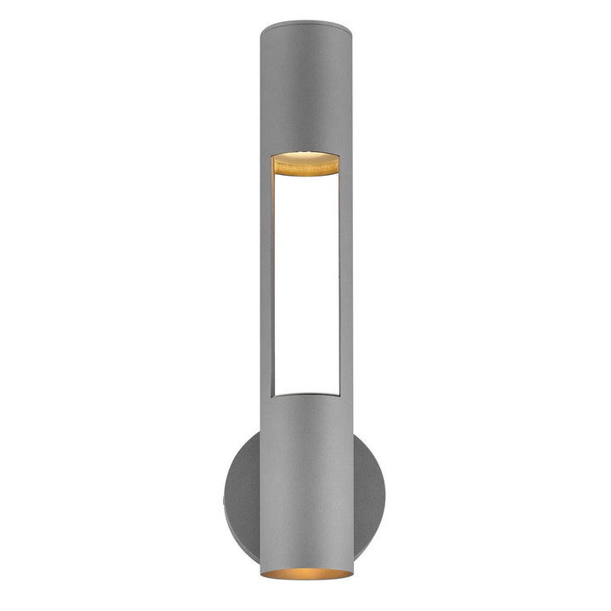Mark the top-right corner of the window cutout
(339, 158)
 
